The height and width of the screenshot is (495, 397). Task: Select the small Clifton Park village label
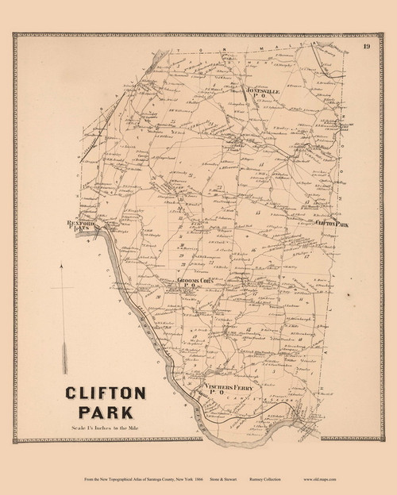pyautogui.click(x=332, y=224)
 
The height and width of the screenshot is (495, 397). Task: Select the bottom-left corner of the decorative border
pyautogui.click(x=15, y=440)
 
